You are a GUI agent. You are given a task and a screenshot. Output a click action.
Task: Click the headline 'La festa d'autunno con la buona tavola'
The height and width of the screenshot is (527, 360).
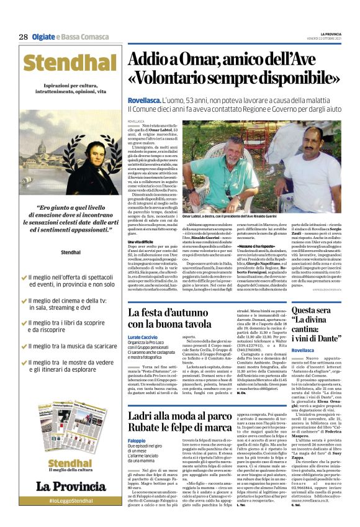click(x=171, y=318)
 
